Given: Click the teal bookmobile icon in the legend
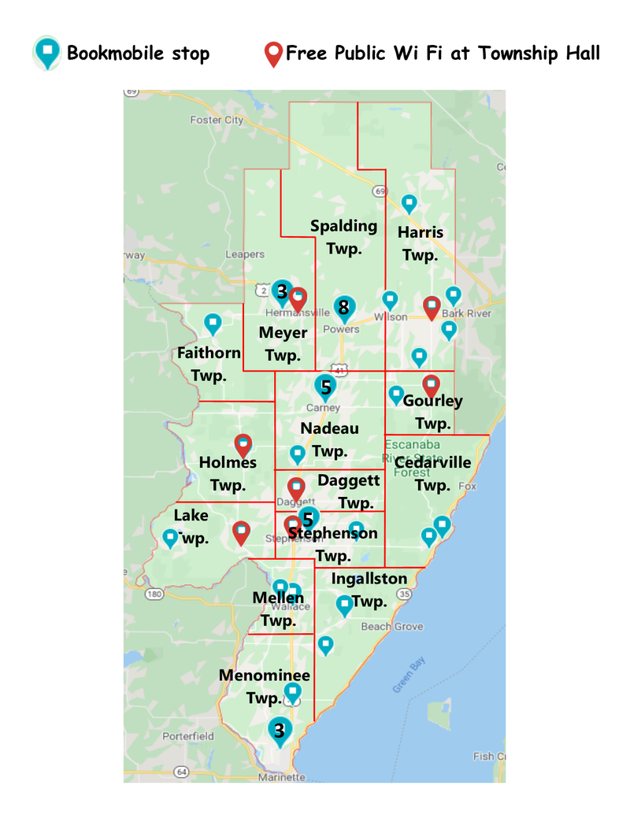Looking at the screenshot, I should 48,53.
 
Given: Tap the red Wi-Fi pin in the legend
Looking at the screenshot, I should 273,54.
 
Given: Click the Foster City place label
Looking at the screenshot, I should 217,120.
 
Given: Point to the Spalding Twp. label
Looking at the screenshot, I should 343,236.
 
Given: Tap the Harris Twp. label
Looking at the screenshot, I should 421,243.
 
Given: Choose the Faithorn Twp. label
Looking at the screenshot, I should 209,363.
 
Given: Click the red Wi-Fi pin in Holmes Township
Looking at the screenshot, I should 243,446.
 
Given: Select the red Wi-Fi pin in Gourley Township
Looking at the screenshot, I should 431,386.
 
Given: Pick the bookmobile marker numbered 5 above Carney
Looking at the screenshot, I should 324,387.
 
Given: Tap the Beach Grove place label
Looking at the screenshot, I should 391,627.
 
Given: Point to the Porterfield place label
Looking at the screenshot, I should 187,736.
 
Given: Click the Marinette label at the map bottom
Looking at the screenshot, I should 281,777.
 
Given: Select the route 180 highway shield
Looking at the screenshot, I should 153,594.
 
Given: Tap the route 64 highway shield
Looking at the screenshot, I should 182,772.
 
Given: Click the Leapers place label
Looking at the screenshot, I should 245,254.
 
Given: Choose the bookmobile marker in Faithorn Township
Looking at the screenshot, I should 213,323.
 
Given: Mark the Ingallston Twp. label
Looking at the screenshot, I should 369,590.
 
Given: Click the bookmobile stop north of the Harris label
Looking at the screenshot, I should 409,204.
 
